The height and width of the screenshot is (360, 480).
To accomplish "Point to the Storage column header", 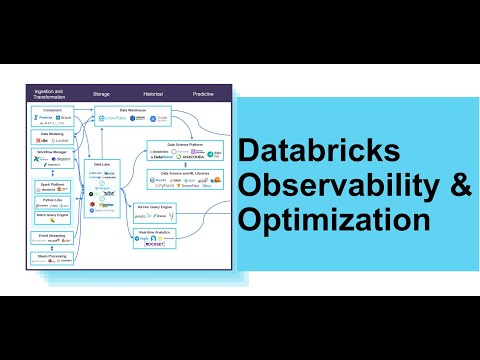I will click(x=101, y=93).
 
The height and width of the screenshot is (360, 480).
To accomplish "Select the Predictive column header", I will click(x=203, y=93).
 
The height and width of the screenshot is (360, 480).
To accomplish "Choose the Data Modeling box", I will click(x=51, y=138).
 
